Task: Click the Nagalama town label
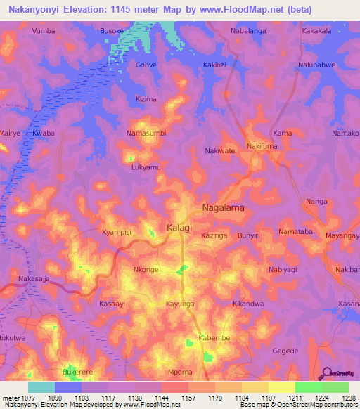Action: tap(224, 208)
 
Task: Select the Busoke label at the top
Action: tap(112, 32)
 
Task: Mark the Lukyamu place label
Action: tap(146, 168)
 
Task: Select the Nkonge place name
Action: tap(146, 270)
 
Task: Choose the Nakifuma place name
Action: tap(262, 146)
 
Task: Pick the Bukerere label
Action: tap(78, 371)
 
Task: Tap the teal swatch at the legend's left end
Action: tap(41, 387)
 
